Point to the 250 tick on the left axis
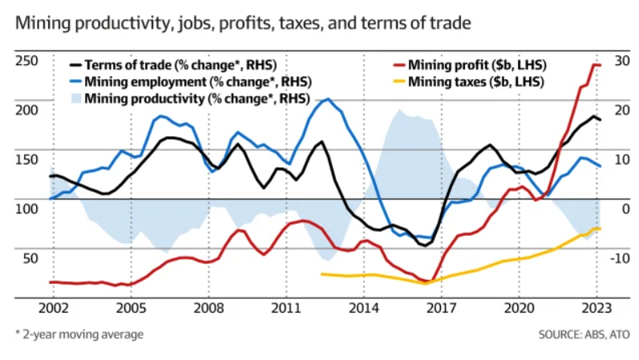[26, 61]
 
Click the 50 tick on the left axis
[30, 257]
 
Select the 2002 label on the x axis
[54, 308]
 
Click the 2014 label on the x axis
[364, 308]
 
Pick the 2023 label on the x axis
[597, 308]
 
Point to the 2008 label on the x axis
[208, 308]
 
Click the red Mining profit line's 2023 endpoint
[600, 65]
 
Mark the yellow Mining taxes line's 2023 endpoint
[600, 229]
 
